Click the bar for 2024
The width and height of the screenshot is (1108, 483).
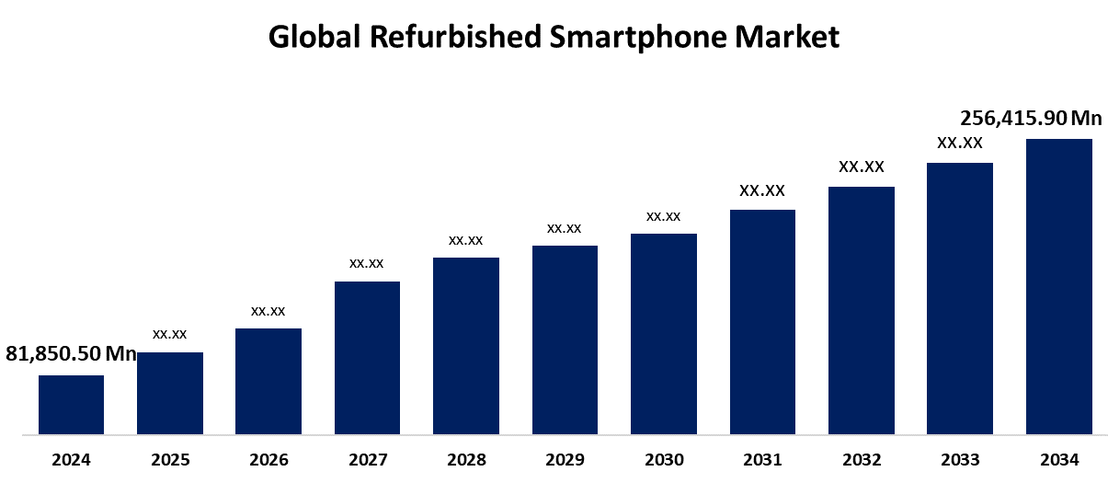click(71, 404)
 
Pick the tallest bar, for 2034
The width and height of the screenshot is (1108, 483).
click(1058, 286)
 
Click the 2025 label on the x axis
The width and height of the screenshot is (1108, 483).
click(170, 459)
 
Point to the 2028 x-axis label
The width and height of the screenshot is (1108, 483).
click(466, 459)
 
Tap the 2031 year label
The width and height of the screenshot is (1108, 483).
click(762, 459)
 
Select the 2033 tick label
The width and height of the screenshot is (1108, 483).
click(960, 459)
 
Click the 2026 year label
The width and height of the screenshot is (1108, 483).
click(268, 459)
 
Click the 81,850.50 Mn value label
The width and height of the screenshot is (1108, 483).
click(72, 353)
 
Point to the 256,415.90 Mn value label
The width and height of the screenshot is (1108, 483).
click(1031, 118)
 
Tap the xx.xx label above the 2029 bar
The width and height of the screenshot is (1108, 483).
click(564, 228)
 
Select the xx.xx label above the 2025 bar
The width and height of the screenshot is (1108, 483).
click(170, 334)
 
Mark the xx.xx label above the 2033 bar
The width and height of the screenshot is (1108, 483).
click(960, 143)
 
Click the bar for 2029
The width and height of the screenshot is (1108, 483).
click(565, 339)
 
